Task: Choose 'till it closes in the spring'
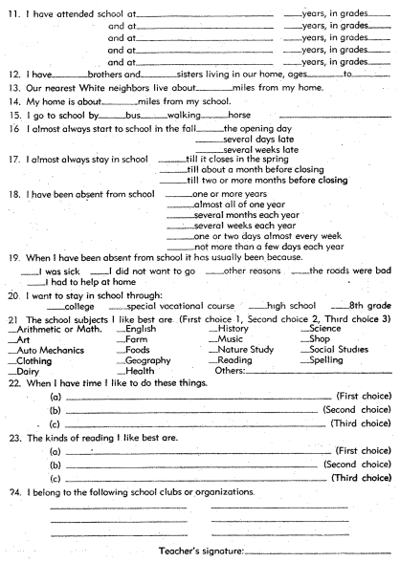(240, 162)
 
